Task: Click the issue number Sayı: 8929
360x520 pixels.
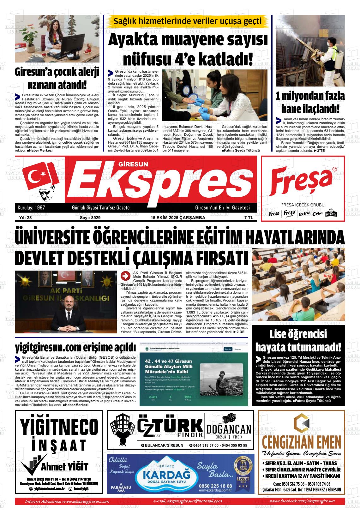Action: (90, 218)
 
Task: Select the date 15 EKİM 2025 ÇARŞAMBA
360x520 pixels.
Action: (178, 218)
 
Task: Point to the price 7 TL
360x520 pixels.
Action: (249, 218)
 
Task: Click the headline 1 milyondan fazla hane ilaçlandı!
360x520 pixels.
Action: (310, 103)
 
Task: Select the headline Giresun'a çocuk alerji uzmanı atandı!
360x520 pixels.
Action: (57, 79)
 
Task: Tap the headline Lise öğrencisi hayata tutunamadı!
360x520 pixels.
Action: (298, 341)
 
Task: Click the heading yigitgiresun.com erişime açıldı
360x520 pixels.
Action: (75, 348)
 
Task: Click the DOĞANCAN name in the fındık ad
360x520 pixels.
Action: (229, 429)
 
